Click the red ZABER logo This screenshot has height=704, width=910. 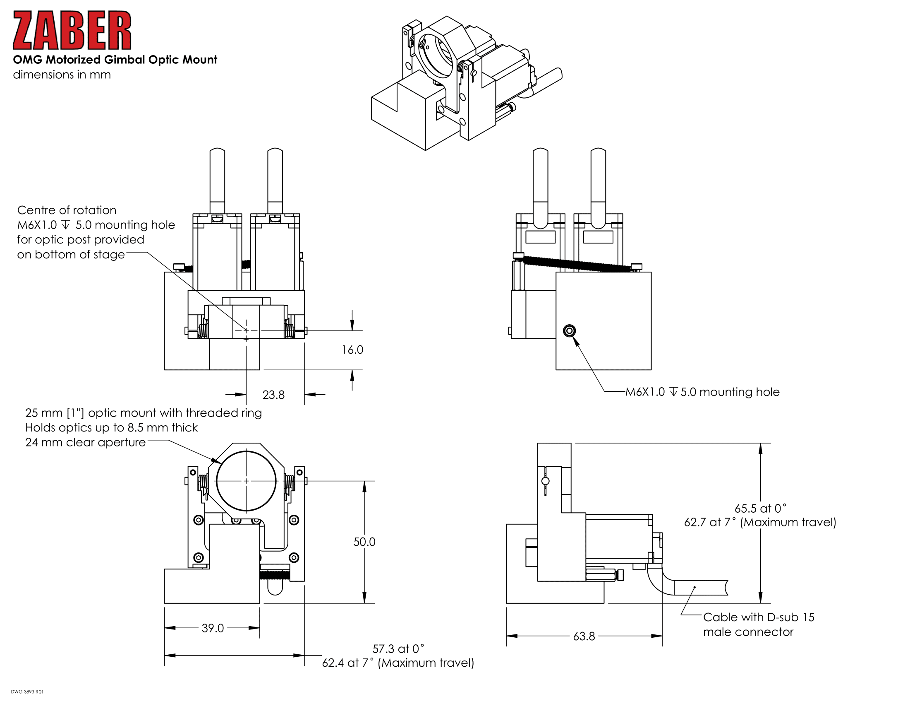click(72, 31)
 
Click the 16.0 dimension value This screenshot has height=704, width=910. click(352, 350)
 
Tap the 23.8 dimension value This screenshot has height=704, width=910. click(273, 395)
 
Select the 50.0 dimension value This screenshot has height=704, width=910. click(364, 542)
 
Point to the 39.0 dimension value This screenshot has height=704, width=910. click(213, 628)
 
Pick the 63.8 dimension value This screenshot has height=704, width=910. click(584, 636)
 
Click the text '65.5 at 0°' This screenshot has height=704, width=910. click(760, 509)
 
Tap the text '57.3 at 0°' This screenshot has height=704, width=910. click(398, 649)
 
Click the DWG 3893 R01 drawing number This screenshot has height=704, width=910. click(27, 692)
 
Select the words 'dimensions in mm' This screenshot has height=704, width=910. click(62, 75)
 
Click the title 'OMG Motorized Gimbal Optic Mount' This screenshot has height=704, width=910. click(115, 60)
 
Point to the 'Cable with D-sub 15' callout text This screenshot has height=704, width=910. click(758, 617)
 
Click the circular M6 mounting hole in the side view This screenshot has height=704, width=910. click(569, 331)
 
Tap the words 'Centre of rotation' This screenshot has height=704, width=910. click(67, 210)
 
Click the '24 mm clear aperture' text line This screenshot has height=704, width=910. click(86, 442)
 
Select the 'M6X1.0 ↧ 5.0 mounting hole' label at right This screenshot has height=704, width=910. click(702, 392)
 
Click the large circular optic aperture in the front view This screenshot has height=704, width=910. click(246, 481)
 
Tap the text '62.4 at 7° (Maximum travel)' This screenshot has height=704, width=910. click(398, 663)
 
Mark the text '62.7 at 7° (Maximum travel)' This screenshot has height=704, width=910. click(760, 522)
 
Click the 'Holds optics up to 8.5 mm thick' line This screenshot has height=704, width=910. click(111, 427)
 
